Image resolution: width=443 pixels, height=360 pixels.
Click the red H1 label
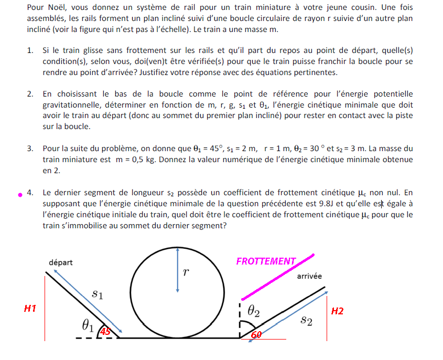tap(30, 309)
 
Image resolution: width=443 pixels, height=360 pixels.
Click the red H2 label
tap(337, 311)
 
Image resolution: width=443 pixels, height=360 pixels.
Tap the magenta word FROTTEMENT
tap(266, 261)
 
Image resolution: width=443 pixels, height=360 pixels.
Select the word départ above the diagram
tap(61, 262)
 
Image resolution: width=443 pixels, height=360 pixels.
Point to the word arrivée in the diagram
tap(309, 276)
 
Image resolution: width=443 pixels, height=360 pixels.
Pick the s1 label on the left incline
tap(97, 294)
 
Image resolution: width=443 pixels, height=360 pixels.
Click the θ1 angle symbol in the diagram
tap(88, 326)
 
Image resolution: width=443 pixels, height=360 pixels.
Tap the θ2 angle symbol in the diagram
tap(253, 312)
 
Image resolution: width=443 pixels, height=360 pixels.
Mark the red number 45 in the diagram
tap(105, 332)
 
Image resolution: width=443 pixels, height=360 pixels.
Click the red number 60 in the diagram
tap(256, 335)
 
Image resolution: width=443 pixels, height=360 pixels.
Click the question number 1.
tap(30, 50)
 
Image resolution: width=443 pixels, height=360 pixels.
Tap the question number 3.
tap(30, 149)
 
